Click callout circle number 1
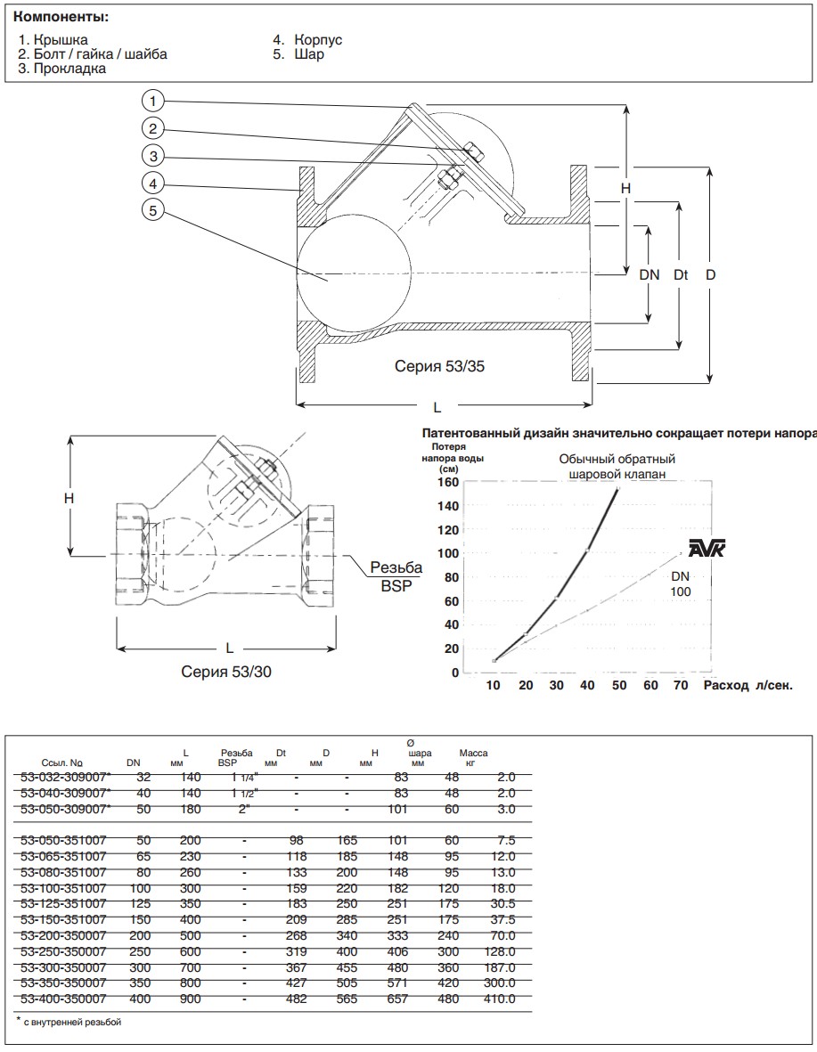click(154, 99)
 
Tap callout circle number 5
click(154, 210)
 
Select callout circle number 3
click(154, 155)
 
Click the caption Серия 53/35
click(441, 366)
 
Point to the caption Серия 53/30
click(226, 672)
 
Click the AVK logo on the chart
click(707, 550)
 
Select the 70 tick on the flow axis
click(681, 685)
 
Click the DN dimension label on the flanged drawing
click(650, 275)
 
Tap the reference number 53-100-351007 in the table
click(62, 888)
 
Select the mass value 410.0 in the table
click(499, 999)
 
